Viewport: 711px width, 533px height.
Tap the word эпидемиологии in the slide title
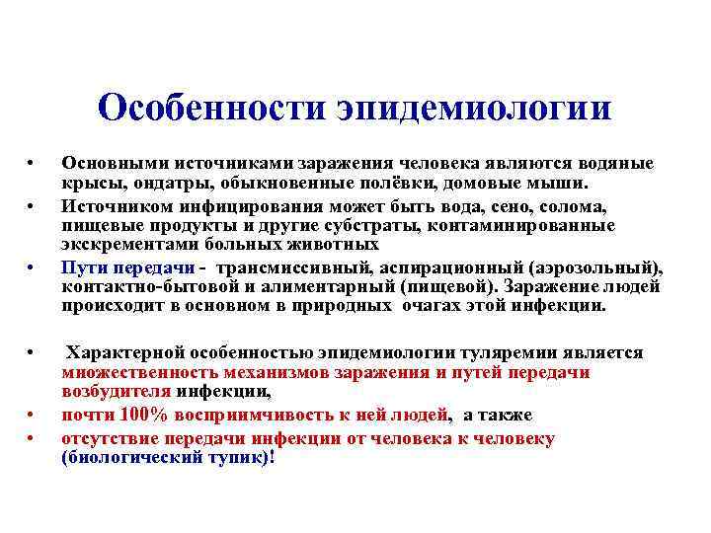point(474,107)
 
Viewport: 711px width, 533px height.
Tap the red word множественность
point(137,372)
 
